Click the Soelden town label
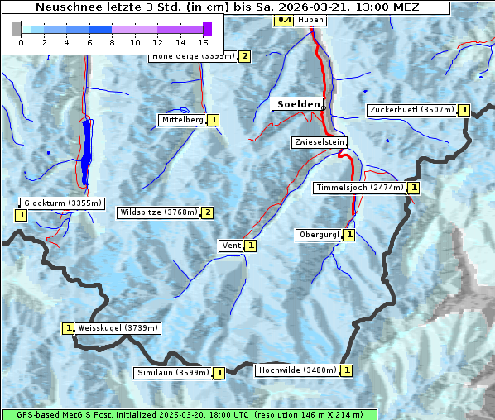297,104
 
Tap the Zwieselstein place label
319,142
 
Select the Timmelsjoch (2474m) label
360,188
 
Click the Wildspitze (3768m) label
159,212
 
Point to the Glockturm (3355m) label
62,203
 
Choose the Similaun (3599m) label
173,373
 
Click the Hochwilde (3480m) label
296,370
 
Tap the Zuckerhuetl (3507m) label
412,109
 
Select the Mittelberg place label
182,120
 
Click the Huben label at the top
310,20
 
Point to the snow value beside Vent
250,246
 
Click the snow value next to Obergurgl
349,235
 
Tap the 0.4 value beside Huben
285,20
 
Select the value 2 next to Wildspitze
208,212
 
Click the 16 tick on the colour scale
203,41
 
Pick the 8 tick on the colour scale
112,41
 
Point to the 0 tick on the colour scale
21,41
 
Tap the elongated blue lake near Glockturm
86,153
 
